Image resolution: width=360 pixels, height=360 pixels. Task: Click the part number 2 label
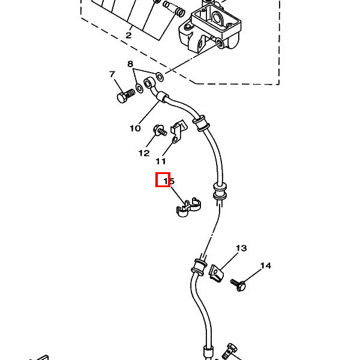pyautogui.click(x=128, y=35)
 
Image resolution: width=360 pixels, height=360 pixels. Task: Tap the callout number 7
pyautogui.click(x=112, y=74)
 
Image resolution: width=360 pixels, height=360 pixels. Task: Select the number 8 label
pyautogui.click(x=130, y=64)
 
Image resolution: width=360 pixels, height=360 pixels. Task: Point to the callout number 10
pyautogui.click(x=135, y=128)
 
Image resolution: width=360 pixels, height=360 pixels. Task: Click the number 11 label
pyautogui.click(x=161, y=161)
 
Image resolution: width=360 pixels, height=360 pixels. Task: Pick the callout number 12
pyautogui.click(x=144, y=153)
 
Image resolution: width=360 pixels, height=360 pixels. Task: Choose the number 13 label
pyautogui.click(x=241, y=248)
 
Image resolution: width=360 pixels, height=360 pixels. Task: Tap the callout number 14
pyautogui.click(x=266, y=266)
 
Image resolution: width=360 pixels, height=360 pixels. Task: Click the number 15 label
pyautogui.click(x=169, y=181)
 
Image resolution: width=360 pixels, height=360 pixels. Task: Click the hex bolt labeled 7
pyautogui.click(x=125, y=96)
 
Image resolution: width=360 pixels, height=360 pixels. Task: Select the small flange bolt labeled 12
pyautogui.click(x=160, y=130)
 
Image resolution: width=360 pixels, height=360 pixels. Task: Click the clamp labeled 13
pyautogui.click(x=216, y=273)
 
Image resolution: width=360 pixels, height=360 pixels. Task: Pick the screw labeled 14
pyautogui.click(x=238, y=285)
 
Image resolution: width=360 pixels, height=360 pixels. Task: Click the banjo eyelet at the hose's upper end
pyautogui.click(x=148, y=83)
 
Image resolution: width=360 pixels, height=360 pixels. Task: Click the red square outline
pyautogui.click(x=163, y=180)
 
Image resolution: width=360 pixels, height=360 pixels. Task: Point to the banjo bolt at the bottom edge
pyautogui.click(x=230, y=352)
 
